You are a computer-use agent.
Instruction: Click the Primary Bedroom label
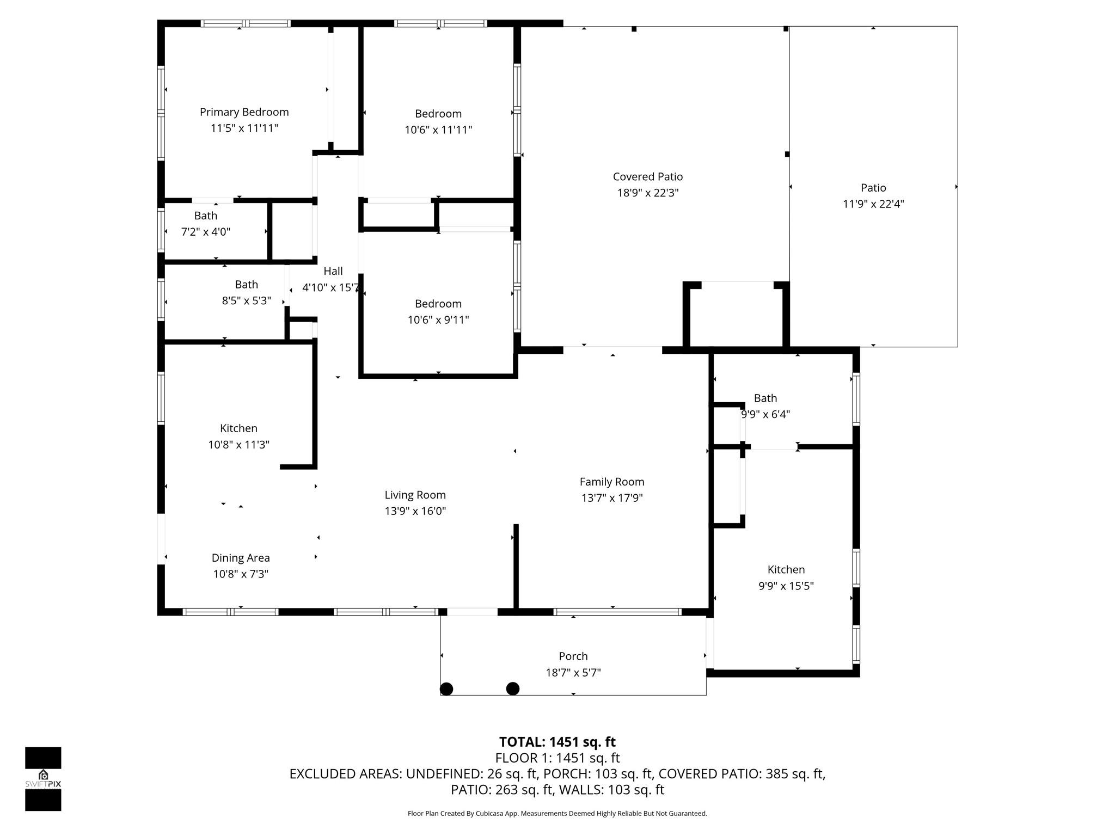[244, 112]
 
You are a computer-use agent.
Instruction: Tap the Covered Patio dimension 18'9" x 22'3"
[648, 193]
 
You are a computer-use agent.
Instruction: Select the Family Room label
[612, 482]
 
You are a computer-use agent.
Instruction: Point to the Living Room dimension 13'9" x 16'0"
[415, 511]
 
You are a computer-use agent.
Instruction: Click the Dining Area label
[241, 558]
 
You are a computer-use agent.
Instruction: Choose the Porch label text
[573, 656]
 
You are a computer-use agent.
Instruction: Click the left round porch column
[446, 689]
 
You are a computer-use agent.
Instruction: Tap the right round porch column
[513, 689]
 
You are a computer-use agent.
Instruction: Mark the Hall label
[333, 271]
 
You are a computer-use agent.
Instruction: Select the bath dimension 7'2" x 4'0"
[206, 232]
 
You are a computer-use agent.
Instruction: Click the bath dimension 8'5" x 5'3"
[246, 300]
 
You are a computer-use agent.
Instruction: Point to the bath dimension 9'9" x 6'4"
[765, 414]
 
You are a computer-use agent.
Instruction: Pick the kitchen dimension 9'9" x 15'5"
[786, 586]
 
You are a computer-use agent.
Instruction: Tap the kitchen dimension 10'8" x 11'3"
[238, 445]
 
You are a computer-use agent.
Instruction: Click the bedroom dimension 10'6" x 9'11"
[438, 319]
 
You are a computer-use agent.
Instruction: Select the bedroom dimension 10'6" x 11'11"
[438, 130]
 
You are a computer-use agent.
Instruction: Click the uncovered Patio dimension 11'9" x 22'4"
[873, 204]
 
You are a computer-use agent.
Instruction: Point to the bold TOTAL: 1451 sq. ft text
[557, 742]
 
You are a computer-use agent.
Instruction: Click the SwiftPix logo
[43, 779]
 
